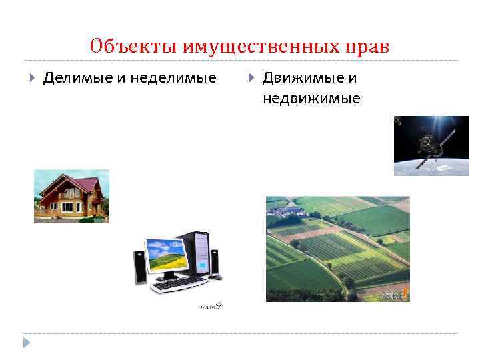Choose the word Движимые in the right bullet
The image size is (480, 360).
303,78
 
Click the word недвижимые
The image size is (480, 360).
311,99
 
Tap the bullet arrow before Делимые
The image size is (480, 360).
33,78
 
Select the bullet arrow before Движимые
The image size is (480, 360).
251,78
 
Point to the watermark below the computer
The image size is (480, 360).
210,306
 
